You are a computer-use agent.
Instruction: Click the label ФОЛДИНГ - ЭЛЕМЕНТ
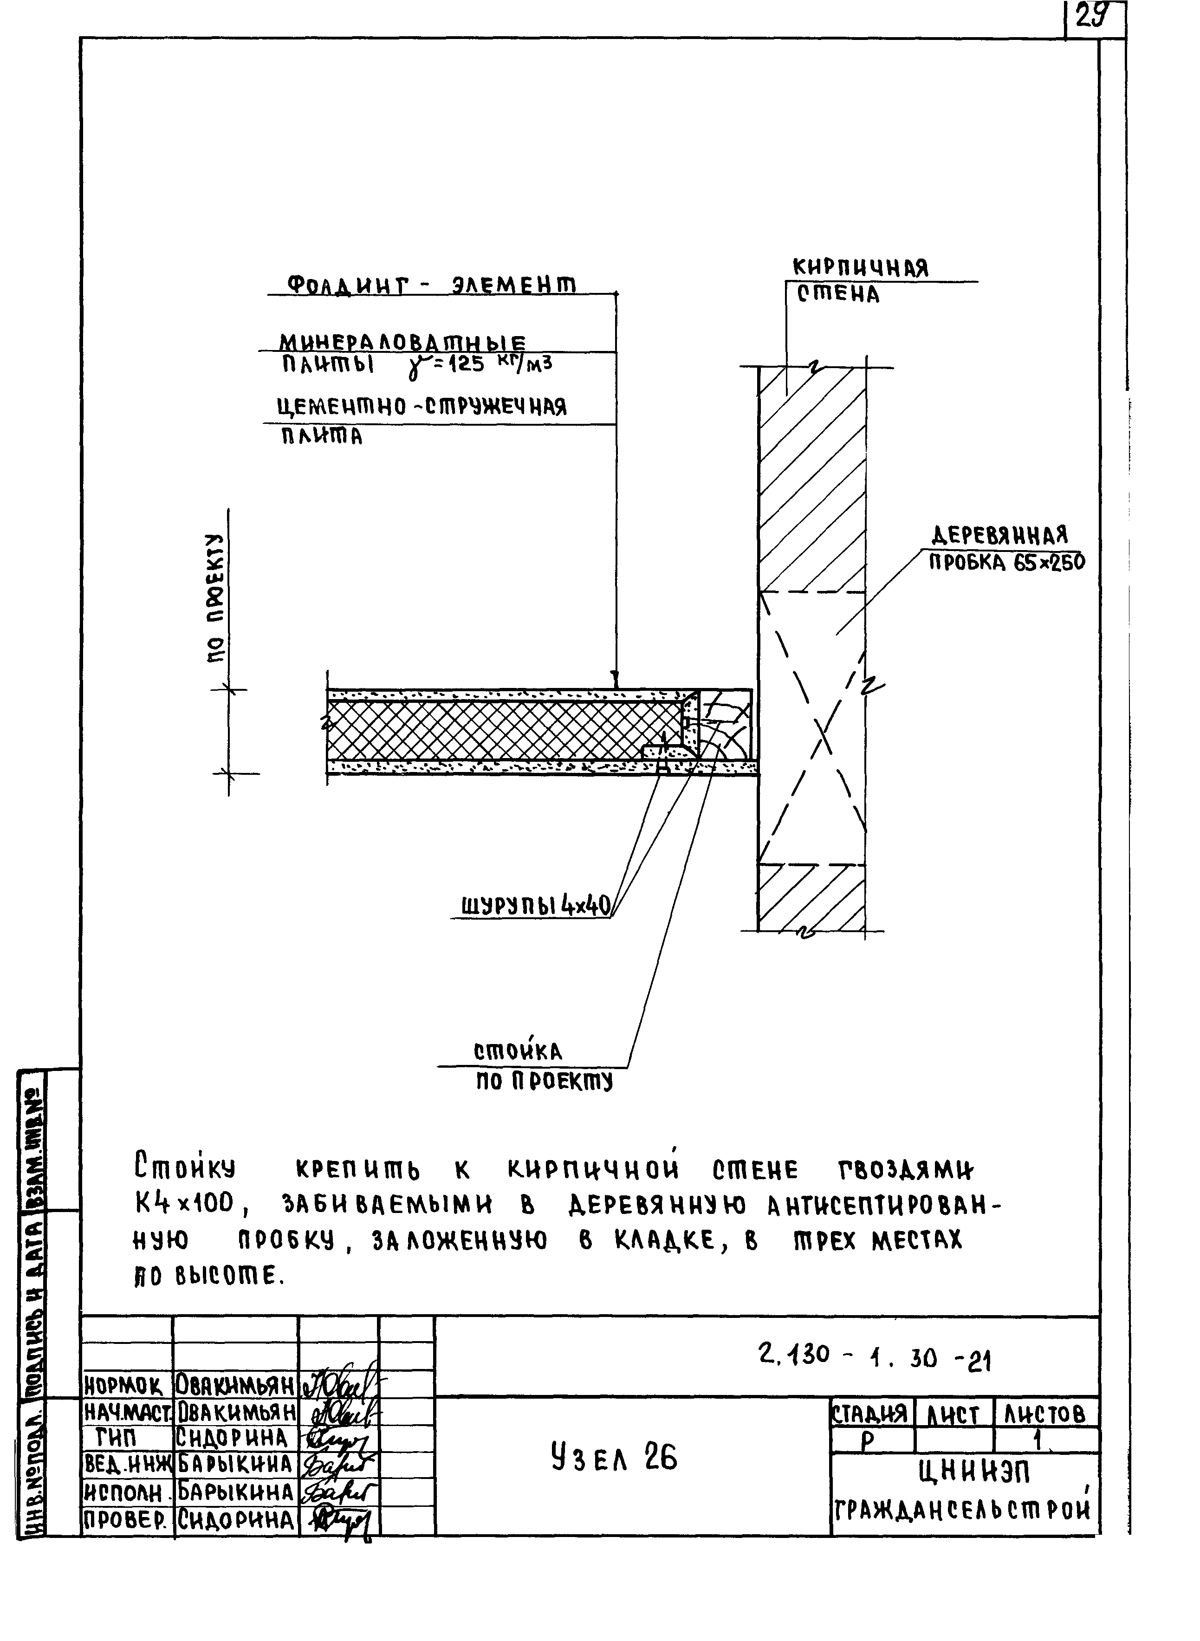point(432,284)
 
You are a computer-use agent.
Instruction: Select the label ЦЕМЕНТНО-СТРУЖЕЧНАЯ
point(422,407)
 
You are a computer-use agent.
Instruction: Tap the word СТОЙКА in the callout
point(517,1052)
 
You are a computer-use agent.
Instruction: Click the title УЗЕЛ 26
point(614,1457)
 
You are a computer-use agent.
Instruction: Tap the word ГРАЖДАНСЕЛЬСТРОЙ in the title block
point(962,1511)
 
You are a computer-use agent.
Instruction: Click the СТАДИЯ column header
point(869,1413)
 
